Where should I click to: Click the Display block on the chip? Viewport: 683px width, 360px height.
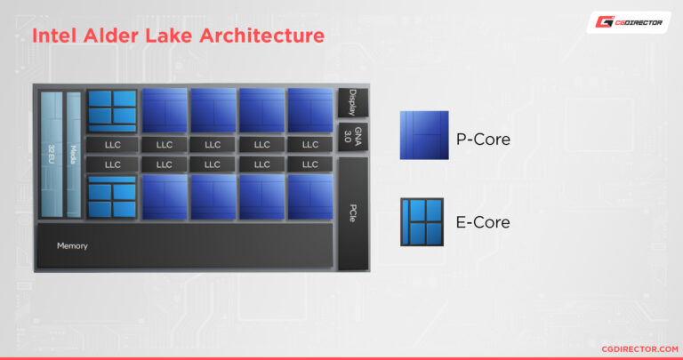tap(353, 102)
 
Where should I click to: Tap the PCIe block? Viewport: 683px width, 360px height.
tap(353, 213)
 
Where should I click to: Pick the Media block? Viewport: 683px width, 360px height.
tap(73, 153)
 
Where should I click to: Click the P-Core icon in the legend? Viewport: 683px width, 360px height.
tap(424, 136)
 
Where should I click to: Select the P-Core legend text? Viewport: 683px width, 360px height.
tap(483, 138)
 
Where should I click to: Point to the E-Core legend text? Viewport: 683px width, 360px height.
tap(483, 222)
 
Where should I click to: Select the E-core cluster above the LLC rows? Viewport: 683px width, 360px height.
tap(112, 110)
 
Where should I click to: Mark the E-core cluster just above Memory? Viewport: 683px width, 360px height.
tap(112, 196)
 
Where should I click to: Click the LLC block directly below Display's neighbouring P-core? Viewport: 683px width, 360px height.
tap(309, 144)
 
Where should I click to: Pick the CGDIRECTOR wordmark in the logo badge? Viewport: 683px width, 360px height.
tap(639, 23)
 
